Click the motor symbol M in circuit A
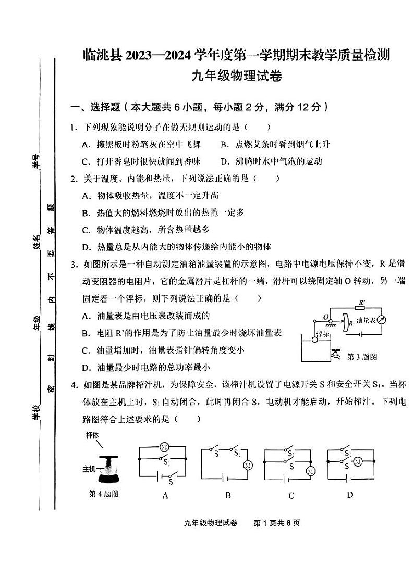[163, 447]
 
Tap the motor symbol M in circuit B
[248, 465]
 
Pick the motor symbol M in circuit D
[358, 461]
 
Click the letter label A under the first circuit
[165, 495]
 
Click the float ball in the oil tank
[314, 340]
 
